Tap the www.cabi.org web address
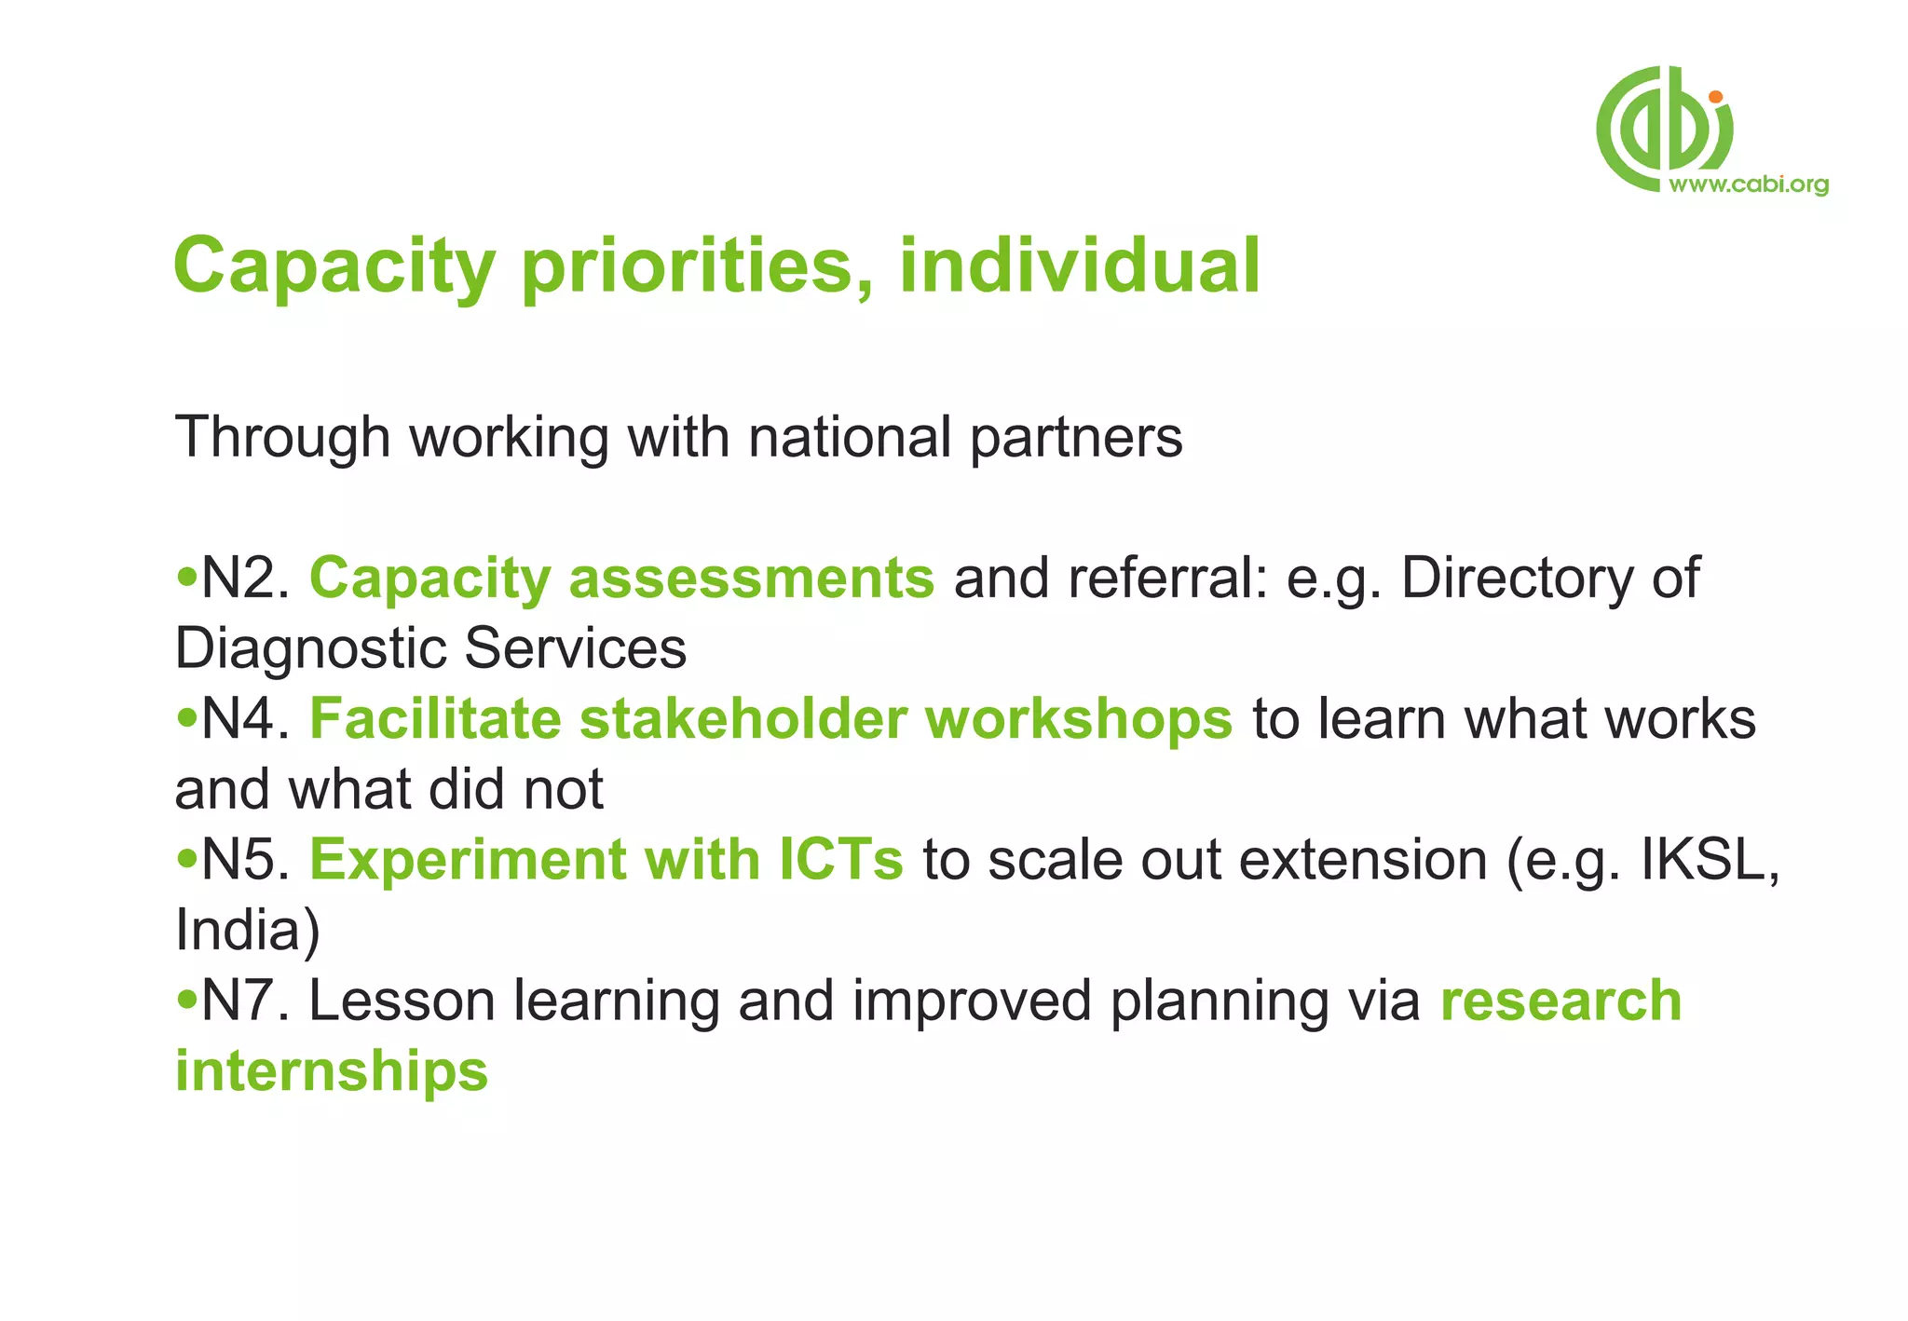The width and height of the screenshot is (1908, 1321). pyautogui.click(x=1748, y=184)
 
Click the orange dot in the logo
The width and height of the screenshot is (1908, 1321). pyautogui.click(x=1715, y=97)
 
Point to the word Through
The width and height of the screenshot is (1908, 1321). pyautogui.click(x=281, y=438)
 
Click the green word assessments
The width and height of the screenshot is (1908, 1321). pyautogui.click(x=751, y=579)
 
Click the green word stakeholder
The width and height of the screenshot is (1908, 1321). pyautogui.click(x=743, y=719)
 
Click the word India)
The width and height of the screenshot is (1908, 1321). pyautogui.click(x=247, y=930)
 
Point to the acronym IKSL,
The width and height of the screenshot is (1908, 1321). pyautogui.click(x=1710, y=859)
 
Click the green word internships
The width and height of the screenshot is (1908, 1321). pyautogui.click(x=332, y=1071)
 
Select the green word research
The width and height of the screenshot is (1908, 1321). pyautogui.click(x=1560, y=1001)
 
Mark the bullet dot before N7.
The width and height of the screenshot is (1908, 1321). pyautogui.click(x=187, y=1001)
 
